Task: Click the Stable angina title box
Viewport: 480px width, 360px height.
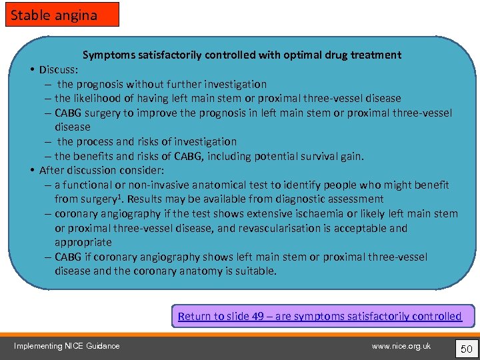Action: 62,14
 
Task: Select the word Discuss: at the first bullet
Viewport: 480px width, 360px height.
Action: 59,69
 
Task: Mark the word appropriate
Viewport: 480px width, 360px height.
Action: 83,242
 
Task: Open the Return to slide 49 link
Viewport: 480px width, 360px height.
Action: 320,316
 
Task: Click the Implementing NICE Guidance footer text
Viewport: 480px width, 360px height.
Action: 67,346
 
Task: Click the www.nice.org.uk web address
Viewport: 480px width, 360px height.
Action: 401,346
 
